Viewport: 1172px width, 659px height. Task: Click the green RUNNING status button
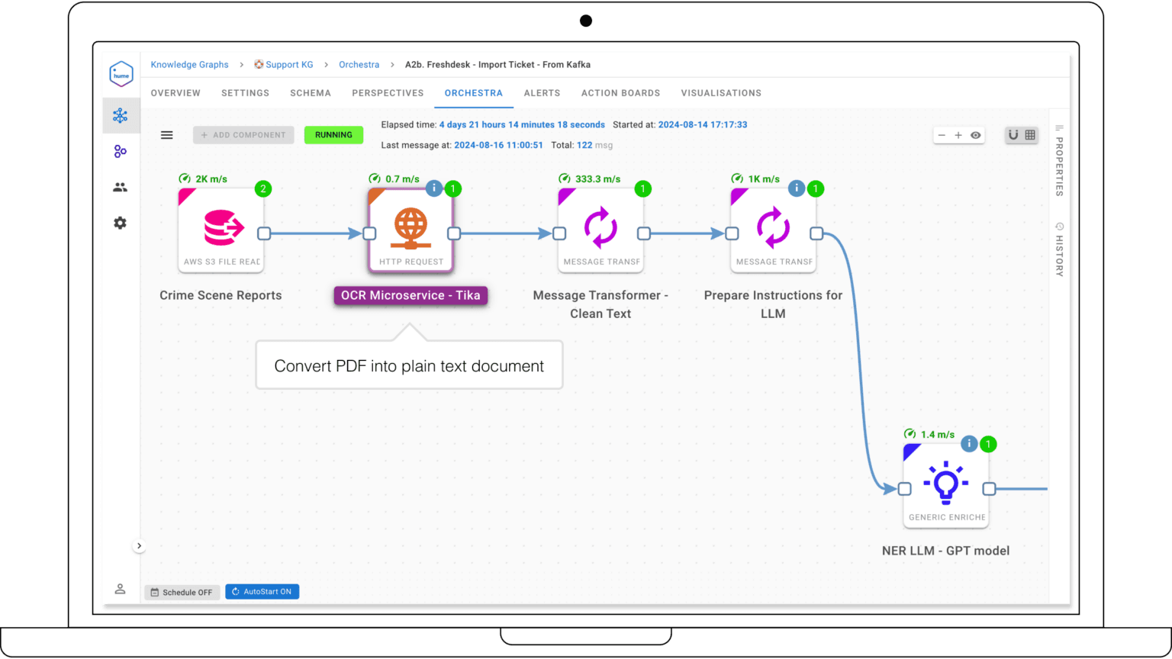pyautogui.click(x=333, y=135)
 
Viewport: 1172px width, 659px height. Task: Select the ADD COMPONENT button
pyautogui.click(x=243, y=135)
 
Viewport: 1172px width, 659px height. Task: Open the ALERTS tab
pyautogui.click(x=542, y=93)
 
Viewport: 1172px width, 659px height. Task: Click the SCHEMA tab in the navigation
pyautogui.click(x=310, y=93)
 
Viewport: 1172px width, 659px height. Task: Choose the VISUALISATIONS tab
pyautogui.click(x=720, y=93)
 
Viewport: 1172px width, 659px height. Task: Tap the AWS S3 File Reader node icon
pyautogui.click(x=221, y=228)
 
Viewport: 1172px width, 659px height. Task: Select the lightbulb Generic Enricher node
pyautogui.click(x=946, y=484)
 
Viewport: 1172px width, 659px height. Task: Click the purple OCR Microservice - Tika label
pyautogui.click(x=411, y=296)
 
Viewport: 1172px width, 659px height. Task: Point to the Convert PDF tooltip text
pyautogui.click(x=409, y=366)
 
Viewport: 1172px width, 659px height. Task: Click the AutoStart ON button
pyautogui.click(x=262, y=592)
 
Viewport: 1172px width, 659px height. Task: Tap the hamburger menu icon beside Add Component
pyautogui.click(x=166, y=135)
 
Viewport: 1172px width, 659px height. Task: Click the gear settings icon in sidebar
pyautogui.click(x=120, y=223)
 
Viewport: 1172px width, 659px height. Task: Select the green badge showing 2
pyautogui.click(x=263, y=188)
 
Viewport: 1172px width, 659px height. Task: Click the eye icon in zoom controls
pyautogui.click(x=975, y=135)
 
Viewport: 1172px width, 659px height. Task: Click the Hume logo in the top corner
pyautogui.click(x=121, y=74)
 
